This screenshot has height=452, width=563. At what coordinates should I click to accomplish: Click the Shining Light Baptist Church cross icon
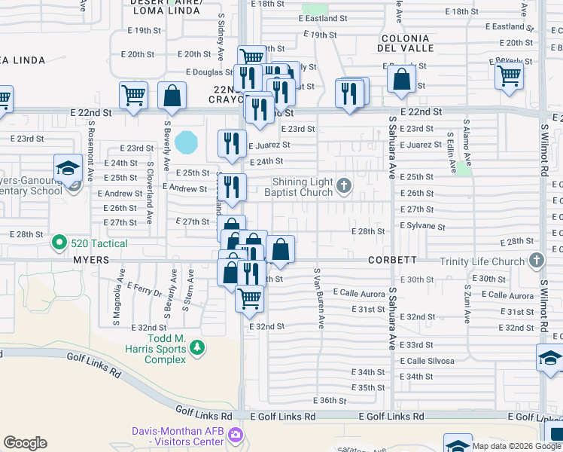pos(343,185)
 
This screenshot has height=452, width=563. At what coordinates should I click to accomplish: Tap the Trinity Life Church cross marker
pos(536,261)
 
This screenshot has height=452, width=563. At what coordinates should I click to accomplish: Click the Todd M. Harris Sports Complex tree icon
pos(197,348)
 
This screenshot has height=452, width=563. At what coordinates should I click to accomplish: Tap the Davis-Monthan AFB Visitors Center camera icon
pos(235,435)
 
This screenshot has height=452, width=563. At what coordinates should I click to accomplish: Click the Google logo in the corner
pos(25,443)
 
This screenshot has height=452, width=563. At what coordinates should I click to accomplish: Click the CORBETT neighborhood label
pos(392,259)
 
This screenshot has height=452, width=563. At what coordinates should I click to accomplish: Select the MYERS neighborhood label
pos(91,260)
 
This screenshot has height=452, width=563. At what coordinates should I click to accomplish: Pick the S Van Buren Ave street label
pos(318,298)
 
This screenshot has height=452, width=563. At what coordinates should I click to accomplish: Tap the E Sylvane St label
pos(422,226)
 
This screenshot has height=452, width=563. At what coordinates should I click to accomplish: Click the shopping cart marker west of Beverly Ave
pos(133,96)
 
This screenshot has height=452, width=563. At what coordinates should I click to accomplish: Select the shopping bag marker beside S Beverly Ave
pos(172,96)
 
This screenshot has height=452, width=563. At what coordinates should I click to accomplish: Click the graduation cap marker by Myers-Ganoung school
pos(68,167)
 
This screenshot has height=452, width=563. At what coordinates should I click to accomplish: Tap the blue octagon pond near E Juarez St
pos(186,141)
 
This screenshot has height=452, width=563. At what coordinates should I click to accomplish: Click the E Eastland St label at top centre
pos(323,18)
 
